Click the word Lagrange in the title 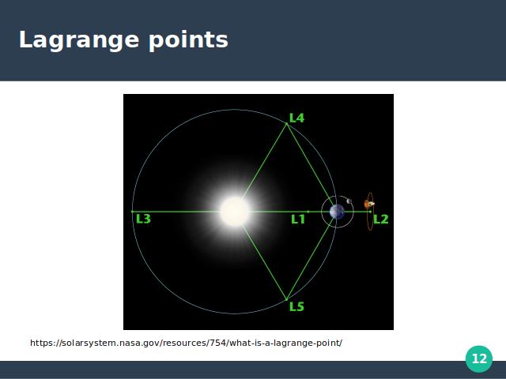(x=79, y=40)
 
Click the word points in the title (x=188, y=40)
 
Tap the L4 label (x=297, y=118)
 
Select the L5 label (x=297, y=306)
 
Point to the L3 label (x=143, y=219)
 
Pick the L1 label (x=298, y=220)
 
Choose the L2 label (x=381, y=220)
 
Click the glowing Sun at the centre (x=235, y=212)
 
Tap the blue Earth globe (x=337, y=212)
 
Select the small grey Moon (x=349, y=201)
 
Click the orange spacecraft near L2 (x=369, y=204)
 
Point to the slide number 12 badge (x=479, y=358)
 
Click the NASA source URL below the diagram (x=186, y=343)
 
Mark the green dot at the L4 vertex (x=286, y=124)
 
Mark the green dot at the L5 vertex (x=286, y=299)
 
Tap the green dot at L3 (x=132, y=212)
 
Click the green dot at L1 (x=308, y=212)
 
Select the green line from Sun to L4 (x=264, y=161)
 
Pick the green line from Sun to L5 (x=264, y=262)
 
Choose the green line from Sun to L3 (x=176, y=212)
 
